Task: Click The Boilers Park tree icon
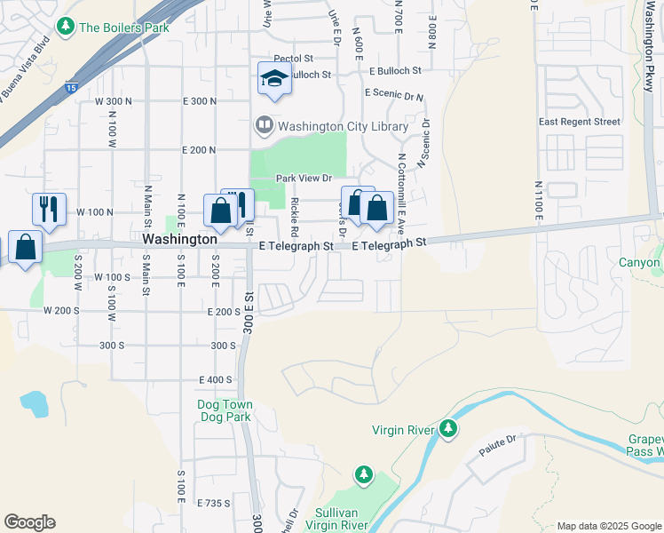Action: click(x=65, y=27)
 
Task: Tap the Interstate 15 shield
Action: click(x=70, y=87)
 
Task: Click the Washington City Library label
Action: click(x=343, y=126)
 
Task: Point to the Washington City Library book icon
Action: click(x=264, y=125)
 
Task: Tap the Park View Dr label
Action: click(x=303, y=179)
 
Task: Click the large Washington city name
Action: click(x=179, y=240)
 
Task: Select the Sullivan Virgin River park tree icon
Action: click(x=363, y=475)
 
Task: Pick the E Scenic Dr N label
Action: click(x=393, y=94)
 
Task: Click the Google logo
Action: click(x=29, y=522)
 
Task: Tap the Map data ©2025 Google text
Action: click(x=608, y=526)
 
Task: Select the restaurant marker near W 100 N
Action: click(x=49, y=208)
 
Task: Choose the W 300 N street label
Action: click(x=114, y=101)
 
